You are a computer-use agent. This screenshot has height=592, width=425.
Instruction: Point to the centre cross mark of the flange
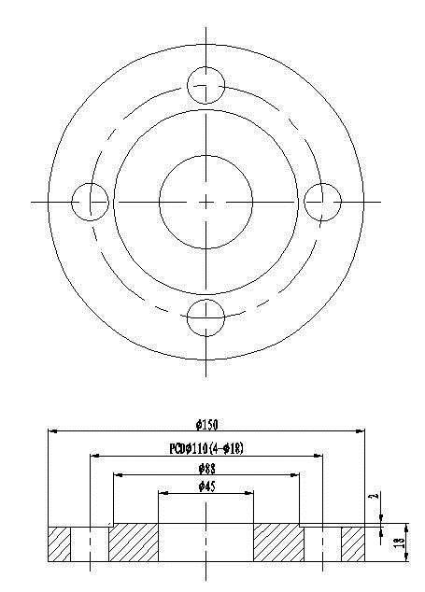tap(205, 203)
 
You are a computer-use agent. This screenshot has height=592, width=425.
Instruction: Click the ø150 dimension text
tap(207, 425)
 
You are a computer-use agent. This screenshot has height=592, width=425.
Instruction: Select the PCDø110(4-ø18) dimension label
tap(206, 448)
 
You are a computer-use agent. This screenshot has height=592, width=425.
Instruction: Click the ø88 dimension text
tap(207, 469)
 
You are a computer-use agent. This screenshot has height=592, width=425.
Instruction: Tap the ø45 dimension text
tap(207, 486)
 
